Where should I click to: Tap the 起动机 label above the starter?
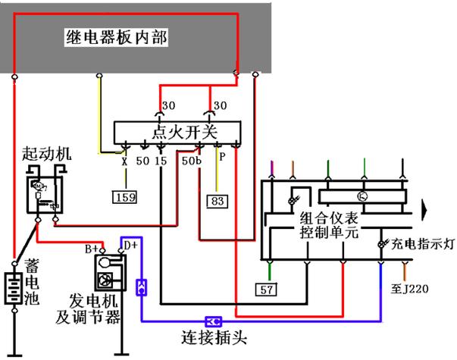[47, 153]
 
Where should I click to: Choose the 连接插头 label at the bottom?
[215, 336]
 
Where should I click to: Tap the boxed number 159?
[125, 198]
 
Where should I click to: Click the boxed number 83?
[217, 201]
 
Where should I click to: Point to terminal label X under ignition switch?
[124, 161]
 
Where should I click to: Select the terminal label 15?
[161, 161]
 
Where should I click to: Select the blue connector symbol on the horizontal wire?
[214, 321]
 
